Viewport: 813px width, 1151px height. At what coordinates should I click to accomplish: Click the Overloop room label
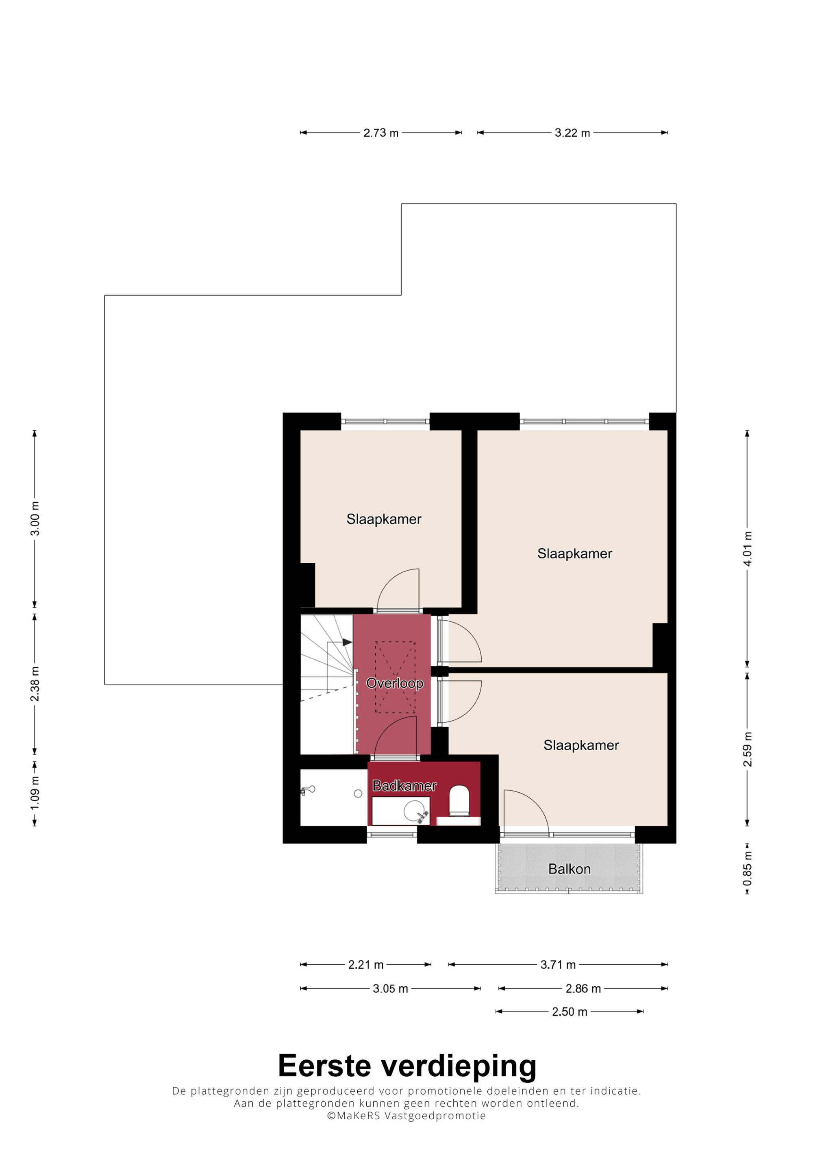395,683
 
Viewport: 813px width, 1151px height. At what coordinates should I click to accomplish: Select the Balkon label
570,869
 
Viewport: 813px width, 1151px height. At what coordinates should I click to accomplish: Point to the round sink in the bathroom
414,811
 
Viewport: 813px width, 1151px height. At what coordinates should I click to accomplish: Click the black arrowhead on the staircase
347,642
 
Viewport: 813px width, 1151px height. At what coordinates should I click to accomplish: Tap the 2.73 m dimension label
381,133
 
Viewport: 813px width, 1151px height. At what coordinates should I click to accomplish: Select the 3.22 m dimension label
572,133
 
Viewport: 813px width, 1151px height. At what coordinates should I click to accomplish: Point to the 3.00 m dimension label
35,518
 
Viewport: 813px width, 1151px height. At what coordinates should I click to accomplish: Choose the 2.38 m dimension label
35,684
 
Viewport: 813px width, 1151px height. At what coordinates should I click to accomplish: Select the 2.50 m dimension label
570,1011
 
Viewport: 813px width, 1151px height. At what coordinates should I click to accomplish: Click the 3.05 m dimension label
390,989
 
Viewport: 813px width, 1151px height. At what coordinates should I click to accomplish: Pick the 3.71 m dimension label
558,964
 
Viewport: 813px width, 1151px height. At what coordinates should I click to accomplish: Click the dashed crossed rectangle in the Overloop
395,677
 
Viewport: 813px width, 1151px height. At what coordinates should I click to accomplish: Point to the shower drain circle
358,793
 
